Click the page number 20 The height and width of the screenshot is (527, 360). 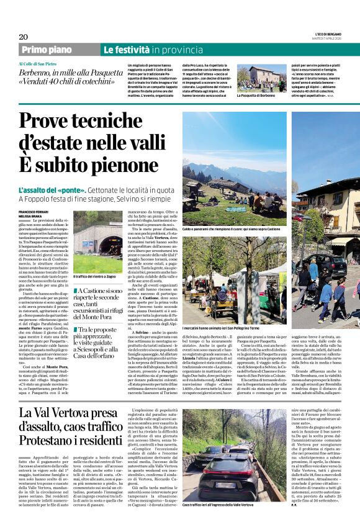click(x=23, y=37)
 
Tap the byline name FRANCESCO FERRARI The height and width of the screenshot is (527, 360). click(x=35, y=212)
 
